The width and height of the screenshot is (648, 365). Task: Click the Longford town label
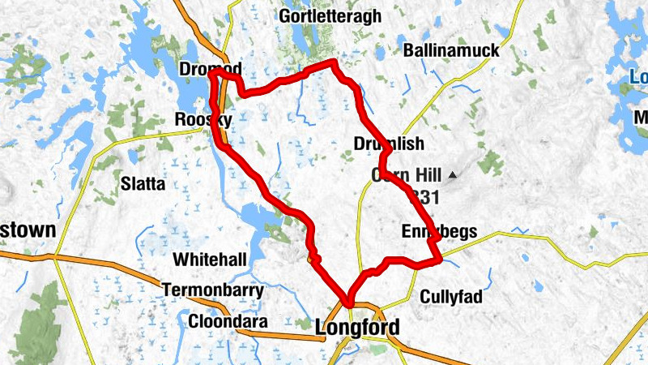[x=356, y=328]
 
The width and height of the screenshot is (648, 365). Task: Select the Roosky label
[x=203, y=120]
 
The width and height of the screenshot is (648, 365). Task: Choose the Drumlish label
[x=388, y=144]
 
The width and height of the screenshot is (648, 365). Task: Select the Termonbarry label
[x=212, y=290]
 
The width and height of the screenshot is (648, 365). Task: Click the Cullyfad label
[x=450, y=297]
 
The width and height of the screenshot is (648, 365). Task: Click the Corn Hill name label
[x=406, y=174]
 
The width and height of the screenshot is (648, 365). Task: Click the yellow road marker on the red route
[x=314, y=260]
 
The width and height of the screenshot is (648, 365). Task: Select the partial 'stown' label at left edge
[x=28, y=230]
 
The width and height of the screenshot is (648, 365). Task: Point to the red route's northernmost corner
[x=333, y=62]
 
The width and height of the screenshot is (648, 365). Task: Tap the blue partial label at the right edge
[x=640, y=78]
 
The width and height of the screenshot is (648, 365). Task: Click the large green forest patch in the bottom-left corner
[x=36, y=324]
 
